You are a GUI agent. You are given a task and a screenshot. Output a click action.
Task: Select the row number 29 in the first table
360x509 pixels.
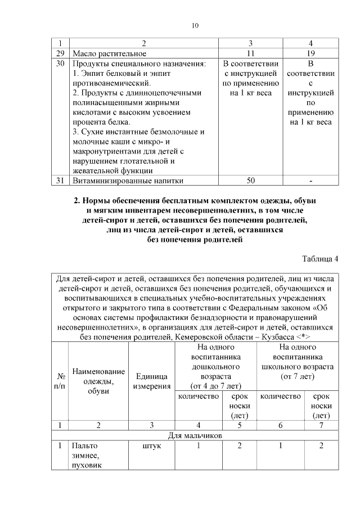tap(60, 53)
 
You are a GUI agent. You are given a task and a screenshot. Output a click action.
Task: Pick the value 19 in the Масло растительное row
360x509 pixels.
tap(310, 53)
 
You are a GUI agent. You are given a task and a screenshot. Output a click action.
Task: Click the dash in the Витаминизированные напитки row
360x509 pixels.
tap(310, 181)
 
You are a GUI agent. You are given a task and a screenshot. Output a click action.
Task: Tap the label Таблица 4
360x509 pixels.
tap(320, 258)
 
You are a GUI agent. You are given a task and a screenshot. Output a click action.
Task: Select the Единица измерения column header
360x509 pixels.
tap(151, 381)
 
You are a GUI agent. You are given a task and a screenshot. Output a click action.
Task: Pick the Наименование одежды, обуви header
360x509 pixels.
tap(98, 381)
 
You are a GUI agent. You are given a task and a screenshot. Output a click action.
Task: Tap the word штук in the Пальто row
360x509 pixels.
tap(151, 445)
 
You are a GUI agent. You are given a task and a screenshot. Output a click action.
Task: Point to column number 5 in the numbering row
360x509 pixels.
tap(240, 425)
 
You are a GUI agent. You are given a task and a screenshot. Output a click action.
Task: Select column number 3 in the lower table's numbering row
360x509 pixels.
tap(151, 425)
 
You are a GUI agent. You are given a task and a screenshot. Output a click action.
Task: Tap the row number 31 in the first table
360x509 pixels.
tap(60, 181)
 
